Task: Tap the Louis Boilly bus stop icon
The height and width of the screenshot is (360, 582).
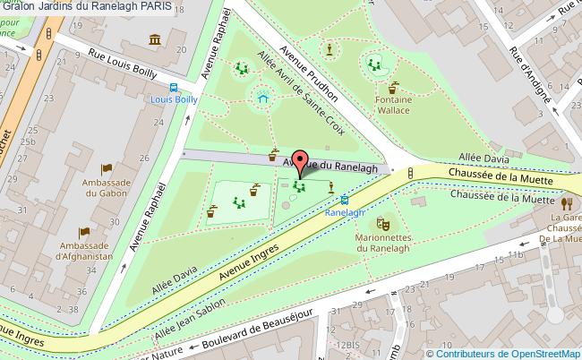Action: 175,87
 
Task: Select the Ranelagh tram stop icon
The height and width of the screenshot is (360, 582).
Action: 345,201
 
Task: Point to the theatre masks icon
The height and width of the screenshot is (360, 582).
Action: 383,223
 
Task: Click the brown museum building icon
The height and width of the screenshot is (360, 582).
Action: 155,41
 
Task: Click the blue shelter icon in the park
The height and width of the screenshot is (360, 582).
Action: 262,96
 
